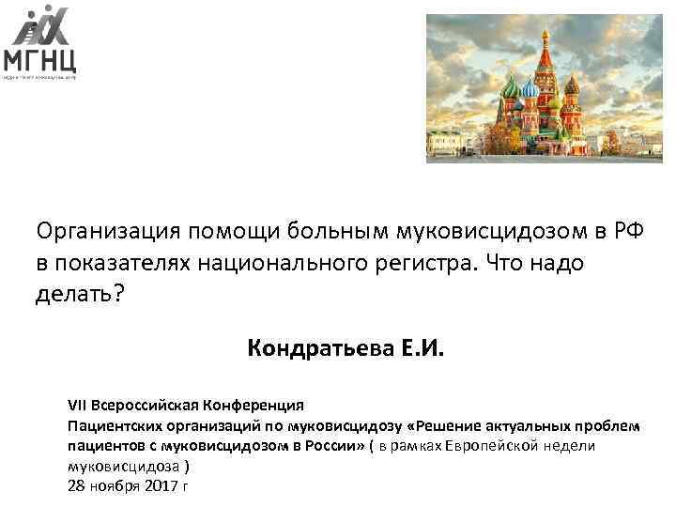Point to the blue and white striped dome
point(530,89)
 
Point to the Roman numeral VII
point(78,406)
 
